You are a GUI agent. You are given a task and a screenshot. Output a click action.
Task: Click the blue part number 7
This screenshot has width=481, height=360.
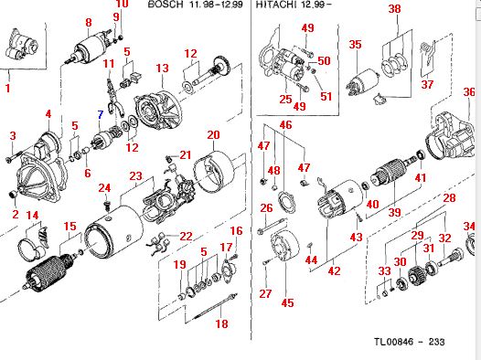coord(101,115)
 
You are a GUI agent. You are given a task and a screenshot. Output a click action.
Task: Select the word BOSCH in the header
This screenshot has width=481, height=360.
coord(166,4)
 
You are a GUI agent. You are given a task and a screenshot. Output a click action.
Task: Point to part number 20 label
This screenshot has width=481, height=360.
coord(213,135)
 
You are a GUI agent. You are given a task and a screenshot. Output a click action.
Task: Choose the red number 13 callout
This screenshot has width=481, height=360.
coord(162,68)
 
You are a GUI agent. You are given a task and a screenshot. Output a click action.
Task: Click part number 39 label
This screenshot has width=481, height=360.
coord(395,212)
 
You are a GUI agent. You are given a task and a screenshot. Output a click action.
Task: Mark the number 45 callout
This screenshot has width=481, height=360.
coord(287,302)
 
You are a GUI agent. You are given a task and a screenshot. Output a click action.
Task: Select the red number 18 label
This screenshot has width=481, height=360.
coord(222,323)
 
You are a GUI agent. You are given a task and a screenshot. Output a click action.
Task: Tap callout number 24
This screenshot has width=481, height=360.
coord(104,188)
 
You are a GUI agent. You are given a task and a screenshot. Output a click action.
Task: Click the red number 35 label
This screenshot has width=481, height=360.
coord(355,45)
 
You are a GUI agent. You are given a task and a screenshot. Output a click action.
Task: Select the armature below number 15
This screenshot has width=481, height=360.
coord(49,271)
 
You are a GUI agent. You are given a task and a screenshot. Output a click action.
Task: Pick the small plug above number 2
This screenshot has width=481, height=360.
coord(13,194)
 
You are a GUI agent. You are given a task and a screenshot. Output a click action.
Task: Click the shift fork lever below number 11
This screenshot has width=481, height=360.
coord(114,98)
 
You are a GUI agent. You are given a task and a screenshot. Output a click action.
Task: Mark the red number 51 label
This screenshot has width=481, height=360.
coord(326,96)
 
